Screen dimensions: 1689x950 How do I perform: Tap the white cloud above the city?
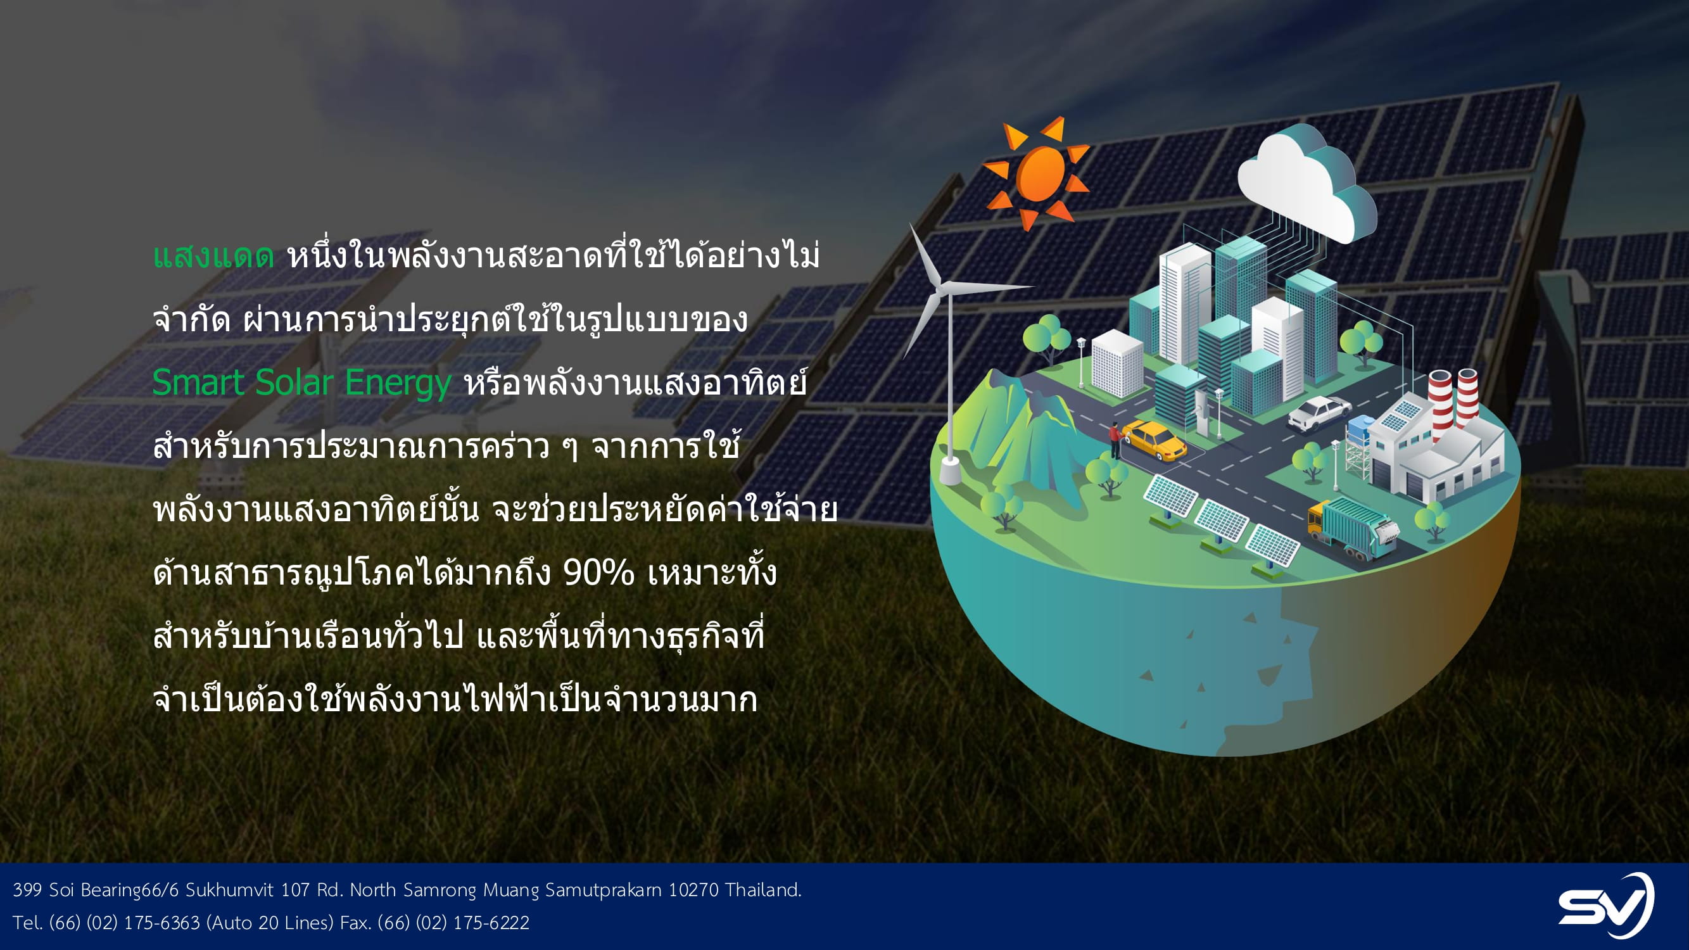coord(1306,182)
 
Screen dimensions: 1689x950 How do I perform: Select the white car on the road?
coord(1319,413)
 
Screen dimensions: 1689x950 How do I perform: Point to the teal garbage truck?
coord(1353,527)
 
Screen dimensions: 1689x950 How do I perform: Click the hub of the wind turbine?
coord(942,286)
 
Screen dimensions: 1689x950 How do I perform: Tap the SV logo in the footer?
coord(1606,906)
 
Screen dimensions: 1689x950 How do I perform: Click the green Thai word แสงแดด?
coord(213,256)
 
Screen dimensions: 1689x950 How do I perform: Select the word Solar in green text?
coord(294,383)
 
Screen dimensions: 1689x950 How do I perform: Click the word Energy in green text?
coord(398,384)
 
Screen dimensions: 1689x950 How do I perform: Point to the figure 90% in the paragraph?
coord(598,573)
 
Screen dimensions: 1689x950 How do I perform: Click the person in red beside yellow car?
coord(1114,440)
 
